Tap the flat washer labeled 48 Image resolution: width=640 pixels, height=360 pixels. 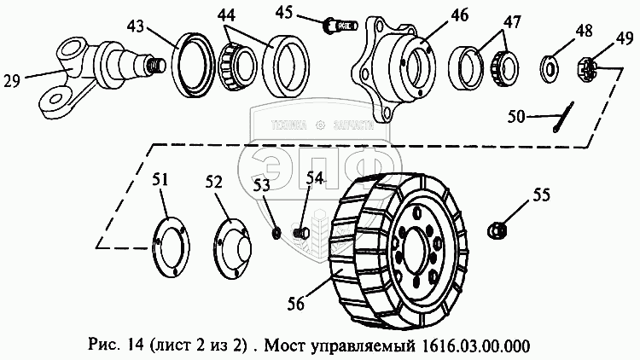coord(550,65)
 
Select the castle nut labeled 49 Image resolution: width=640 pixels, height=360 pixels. coord(588,66)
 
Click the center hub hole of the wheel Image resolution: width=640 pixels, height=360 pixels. coord(421,250)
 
